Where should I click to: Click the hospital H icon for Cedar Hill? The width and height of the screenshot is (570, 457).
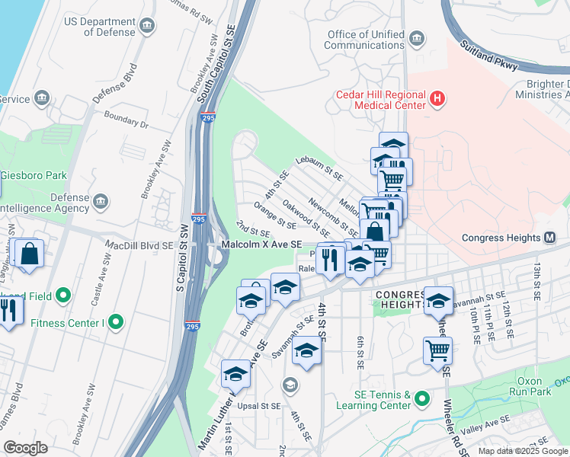pyautogui.click(x=437, y=98)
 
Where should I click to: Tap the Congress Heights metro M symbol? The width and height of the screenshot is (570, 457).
pyautogui.click(x=549, y=238)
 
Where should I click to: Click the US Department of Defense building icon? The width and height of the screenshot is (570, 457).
pyautogui.click(x=147, y=27)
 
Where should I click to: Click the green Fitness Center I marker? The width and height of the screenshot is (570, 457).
pyautogui.click(x=116, y=322)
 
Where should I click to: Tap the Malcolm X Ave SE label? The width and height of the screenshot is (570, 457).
pyautogui.click(x=261, y=244)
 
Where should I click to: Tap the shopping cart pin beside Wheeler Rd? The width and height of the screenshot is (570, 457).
pyautogui.click(x=437, y=350)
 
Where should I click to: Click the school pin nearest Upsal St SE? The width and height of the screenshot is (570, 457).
pyautogui.click(x=235, y=374)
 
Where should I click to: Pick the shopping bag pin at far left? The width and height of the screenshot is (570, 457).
pyautogui.click(x=28, y=253)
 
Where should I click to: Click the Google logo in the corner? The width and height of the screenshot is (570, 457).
pyautogui.click(x=26, y=448)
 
